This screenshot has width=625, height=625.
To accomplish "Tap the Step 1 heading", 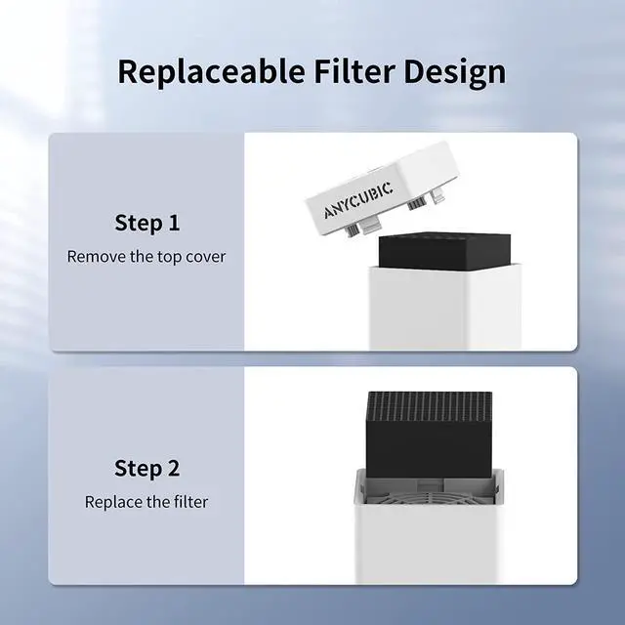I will point(147,223).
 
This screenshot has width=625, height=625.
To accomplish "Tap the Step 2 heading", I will point(147,468).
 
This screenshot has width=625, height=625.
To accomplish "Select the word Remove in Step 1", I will point(96,257).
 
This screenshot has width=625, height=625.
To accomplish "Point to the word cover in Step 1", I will point(203,257).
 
